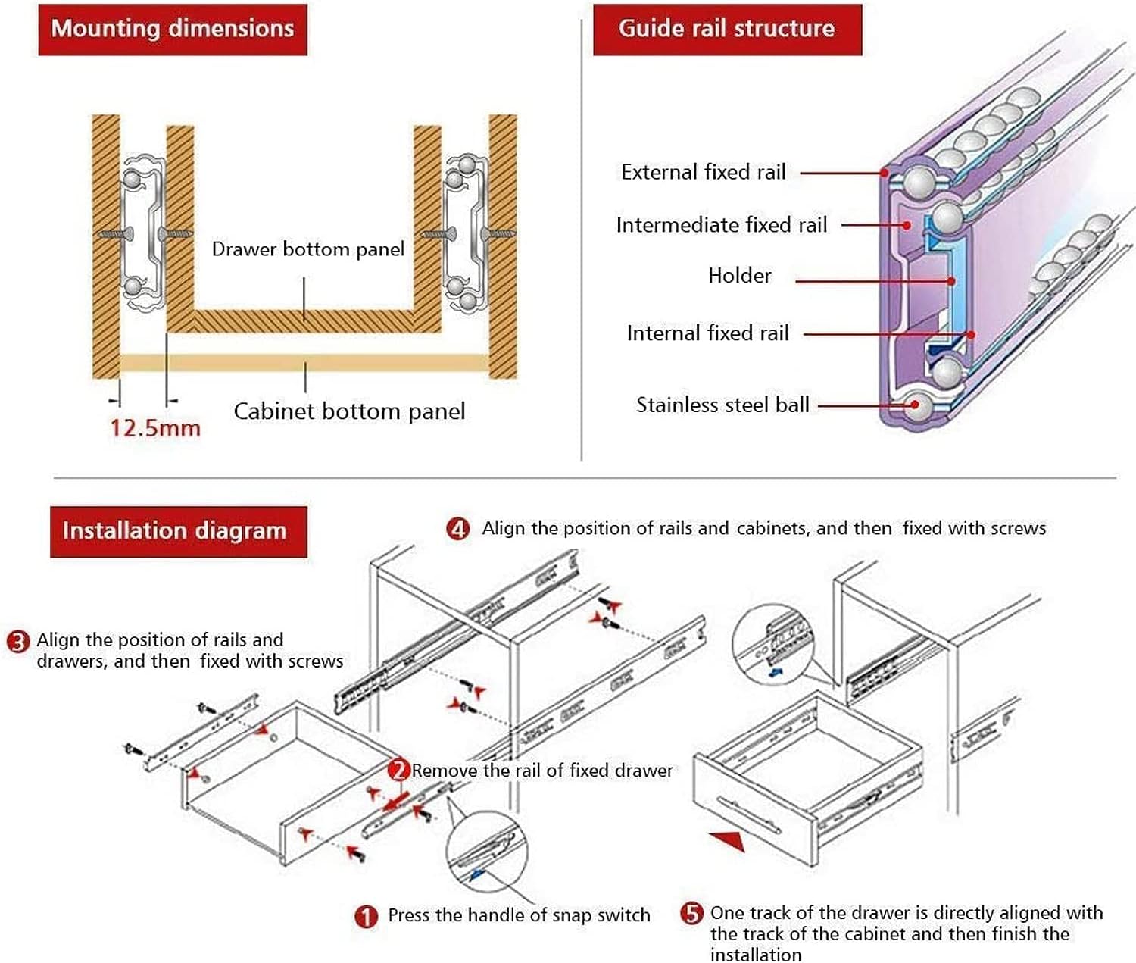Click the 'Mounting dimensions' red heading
pyautogui.click(x=173, y=29)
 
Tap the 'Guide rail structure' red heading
pyautogui.click(x=726, y=29)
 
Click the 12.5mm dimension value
pyautogui.click(x=155, y=428)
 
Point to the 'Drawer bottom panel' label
pyautogui.click(x=307, y=249)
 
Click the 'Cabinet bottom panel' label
pyautogui.click(x=349, y=411)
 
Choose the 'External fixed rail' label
pyautogui.click(x=704, y=172)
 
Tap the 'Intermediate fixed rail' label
pyautogui.click(x=722, y=225)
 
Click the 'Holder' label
pyautogui.click(x=740, y=276)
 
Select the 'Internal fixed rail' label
pyautogui.click(x=708, y=333)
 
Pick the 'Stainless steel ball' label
pyautogui.click(x=723, y=405)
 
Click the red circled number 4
pyautogui.click(x=458, y=528)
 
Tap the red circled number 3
pyautogui.click(x=17, y=642)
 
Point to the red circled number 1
pyautogui.click(x=366, y=917)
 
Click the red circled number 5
pyautogui.click(x=691, y=913)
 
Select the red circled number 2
pyautogui.click(x=399, y=771)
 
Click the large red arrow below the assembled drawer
pyautogui.click(x=728, y=839)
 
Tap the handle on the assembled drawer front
pyautogui.click(x=750, y=814)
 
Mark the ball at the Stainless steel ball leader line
pyautogui.click(x=918, y=405)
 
